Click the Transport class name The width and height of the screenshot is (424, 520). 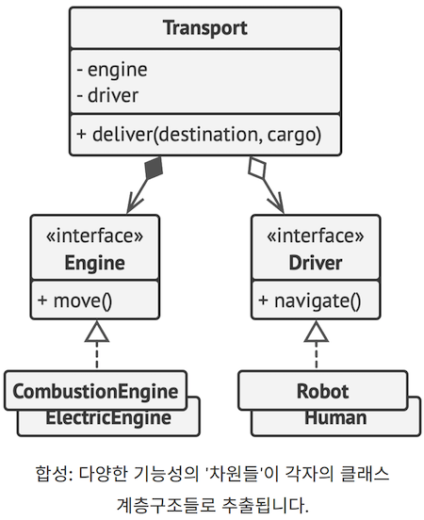point(205,27)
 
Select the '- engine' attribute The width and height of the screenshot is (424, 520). point(112,69)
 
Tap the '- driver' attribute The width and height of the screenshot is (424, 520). point(108,94)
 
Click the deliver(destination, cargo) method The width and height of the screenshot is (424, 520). point(200,135)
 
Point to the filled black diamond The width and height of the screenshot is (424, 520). point(154,169)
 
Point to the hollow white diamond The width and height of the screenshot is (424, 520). point(256,169)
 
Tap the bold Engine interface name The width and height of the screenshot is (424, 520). point(94,262)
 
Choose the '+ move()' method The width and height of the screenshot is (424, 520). point(75,301)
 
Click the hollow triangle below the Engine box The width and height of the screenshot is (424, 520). point(97,331)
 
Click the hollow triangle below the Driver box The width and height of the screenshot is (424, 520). point(316,331)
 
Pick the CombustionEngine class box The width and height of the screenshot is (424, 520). point(94,390)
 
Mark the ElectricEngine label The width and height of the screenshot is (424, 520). point(108,418)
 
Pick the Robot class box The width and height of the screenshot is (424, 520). point(322,390)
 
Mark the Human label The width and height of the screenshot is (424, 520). point(334,418)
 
